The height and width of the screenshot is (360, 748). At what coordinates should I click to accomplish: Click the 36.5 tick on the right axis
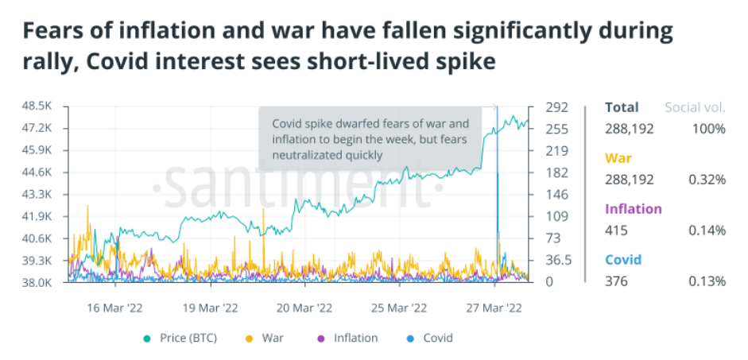point(558,260)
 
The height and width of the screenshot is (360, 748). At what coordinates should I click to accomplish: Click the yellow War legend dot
point(250,338)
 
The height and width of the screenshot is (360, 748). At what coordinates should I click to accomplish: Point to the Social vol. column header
point(695,107)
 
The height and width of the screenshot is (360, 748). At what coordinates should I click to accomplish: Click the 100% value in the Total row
point(707,129)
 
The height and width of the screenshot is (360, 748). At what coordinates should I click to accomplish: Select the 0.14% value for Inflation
point(707,230)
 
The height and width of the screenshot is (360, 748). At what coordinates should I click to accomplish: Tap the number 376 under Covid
point(616,281)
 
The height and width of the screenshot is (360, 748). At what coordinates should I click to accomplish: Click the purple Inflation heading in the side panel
point(633,209)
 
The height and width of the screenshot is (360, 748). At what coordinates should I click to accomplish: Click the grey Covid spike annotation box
point(370,139)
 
